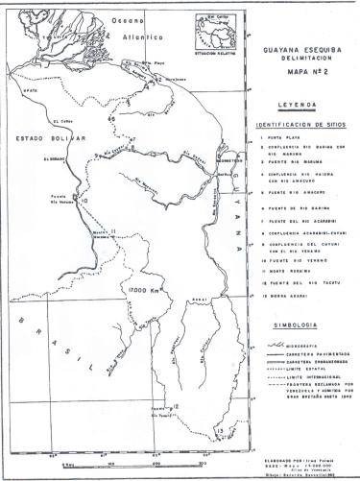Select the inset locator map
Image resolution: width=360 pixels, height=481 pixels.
click(216, 32)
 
